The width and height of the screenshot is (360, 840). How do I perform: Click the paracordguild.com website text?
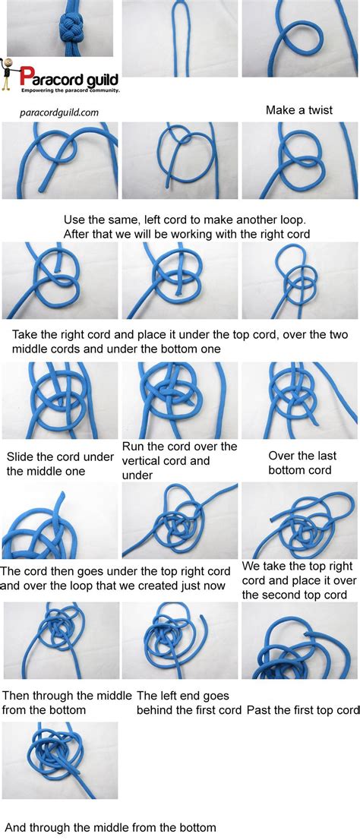(x=59, y=112)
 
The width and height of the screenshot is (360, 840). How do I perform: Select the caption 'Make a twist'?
(x=299, y=110)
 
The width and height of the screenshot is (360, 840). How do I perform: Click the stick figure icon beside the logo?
(x=8, y=77)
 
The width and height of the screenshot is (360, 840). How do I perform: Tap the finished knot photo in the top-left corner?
(x=60, y=28)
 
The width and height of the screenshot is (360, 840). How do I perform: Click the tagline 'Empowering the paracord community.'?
(x=70, y=90)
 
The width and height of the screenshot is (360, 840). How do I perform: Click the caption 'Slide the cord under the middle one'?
(x=60, y=463)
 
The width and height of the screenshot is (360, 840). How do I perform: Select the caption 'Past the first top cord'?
(x=302, y=711)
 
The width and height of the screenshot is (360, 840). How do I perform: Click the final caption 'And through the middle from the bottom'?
(x=111, y=827)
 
